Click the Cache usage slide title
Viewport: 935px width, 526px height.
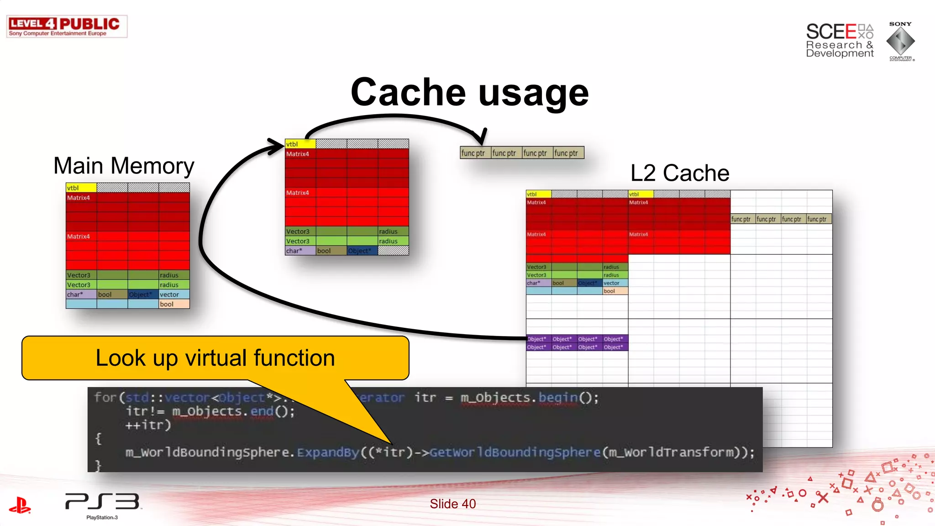tap(469, 93)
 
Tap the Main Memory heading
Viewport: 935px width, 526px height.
tap(123, 166)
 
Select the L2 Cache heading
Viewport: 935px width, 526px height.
tap(679, 173)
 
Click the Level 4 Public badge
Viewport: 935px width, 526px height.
tap(67, 26)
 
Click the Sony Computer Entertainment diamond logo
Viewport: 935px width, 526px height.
tap(900, 41)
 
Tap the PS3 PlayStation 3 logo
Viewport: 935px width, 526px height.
tap(103, 504)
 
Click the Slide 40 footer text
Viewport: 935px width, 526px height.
tap(452, 504)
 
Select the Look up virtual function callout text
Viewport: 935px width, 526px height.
tap(215, 358)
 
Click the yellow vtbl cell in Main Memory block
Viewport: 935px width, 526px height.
tap(81, 188)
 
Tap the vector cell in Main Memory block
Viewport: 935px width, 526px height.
tap(174, 295)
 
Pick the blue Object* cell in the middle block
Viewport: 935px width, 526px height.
tap(362, 251)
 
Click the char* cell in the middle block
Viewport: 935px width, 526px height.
tap(300, 251)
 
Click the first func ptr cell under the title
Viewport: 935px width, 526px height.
tap(475, 153)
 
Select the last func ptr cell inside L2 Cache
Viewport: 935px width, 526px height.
tap(819, 219)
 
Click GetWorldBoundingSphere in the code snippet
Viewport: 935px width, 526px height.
tap(515, 452)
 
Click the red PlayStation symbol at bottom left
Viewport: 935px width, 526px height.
tap(20, 505)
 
